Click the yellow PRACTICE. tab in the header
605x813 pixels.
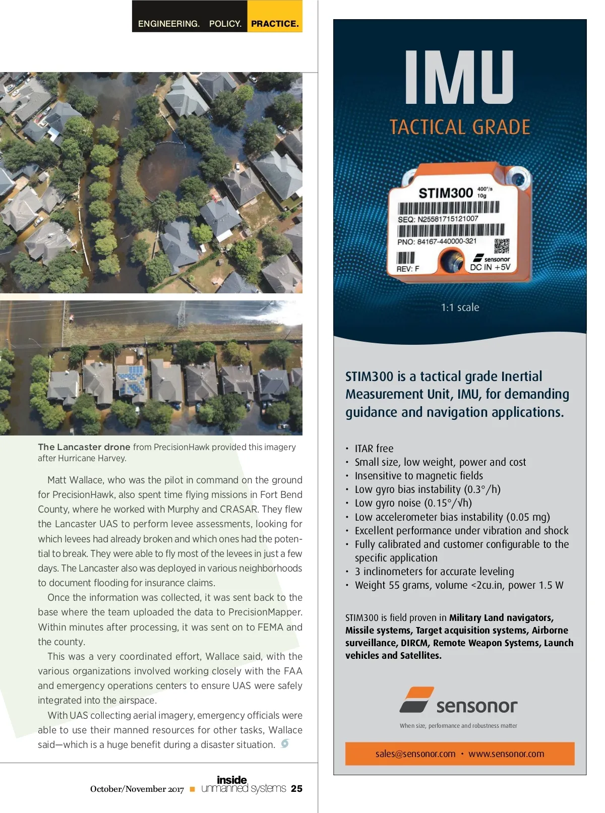coord(275,23)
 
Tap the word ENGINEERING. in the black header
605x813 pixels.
coord(168,24)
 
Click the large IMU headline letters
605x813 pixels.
coord(459,78)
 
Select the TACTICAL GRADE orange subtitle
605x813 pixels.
coord(460,127)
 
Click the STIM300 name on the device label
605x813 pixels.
coord(446,193)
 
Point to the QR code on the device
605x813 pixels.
coord(502,245)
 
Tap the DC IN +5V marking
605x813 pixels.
coord(490,267)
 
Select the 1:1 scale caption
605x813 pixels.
coord(460,307)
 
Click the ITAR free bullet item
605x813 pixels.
coord(374,449)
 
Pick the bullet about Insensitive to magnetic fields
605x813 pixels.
coord(418,476)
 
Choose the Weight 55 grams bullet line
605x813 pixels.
coord(459,585)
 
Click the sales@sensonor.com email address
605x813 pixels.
coord(415,754)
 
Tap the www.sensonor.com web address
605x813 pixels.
coord(506,754)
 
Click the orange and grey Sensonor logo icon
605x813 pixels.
coord(416,700)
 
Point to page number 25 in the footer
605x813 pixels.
coord(297,789)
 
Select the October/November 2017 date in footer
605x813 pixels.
coord(137,789)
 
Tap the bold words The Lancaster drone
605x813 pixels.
coord(84,447)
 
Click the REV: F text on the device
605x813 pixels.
coord(407,269)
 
